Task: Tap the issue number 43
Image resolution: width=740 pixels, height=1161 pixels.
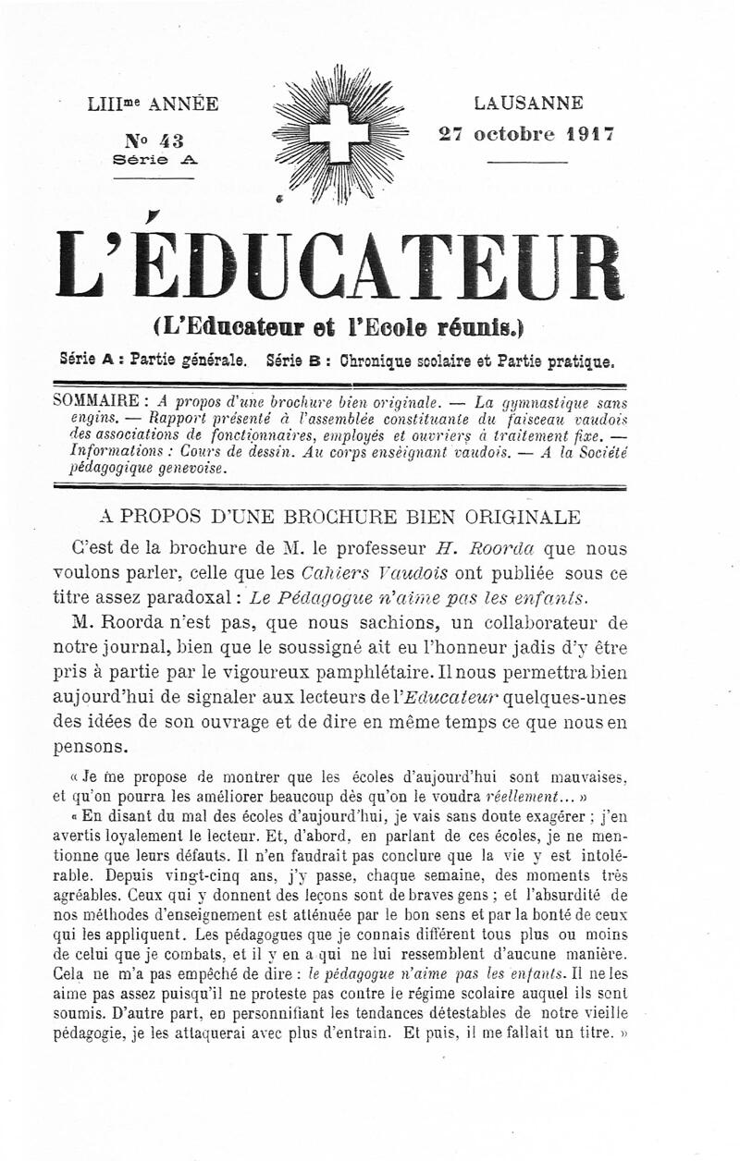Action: [x=170, y=141]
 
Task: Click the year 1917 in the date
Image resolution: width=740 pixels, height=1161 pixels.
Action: [x=591, y=132]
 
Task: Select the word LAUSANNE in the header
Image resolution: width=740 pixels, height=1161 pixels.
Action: [x=528, y=103]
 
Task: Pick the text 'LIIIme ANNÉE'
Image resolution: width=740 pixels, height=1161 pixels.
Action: [x=154, y=104]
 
